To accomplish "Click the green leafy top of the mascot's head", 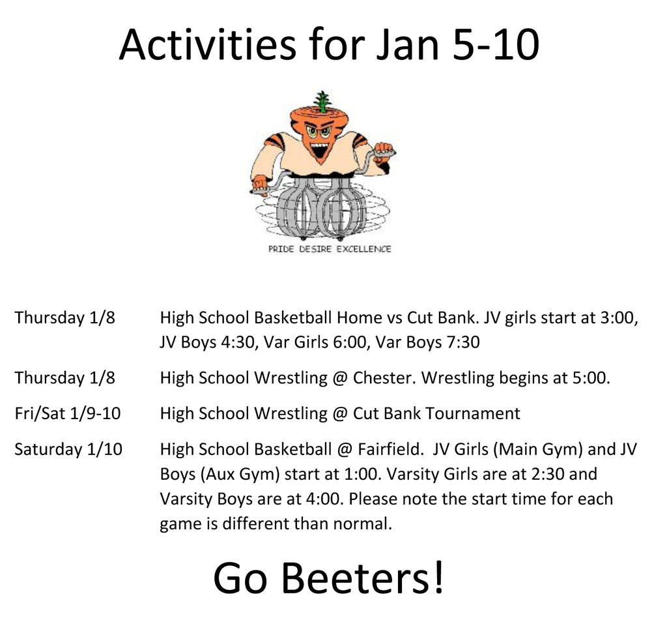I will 320,101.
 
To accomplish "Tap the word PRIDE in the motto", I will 281,249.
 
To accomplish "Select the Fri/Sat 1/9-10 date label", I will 67,413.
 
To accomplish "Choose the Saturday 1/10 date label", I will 68,449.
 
